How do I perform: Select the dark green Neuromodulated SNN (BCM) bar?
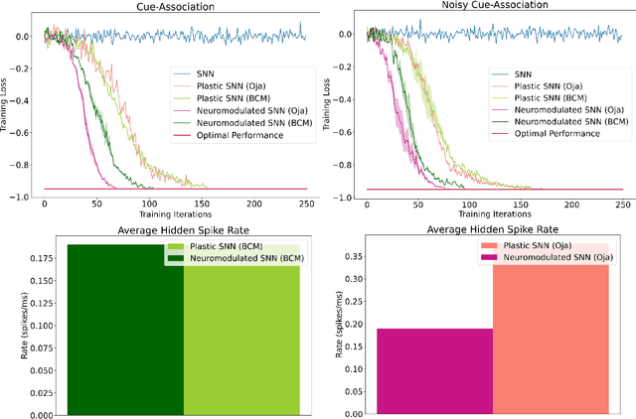(x=125, y=328)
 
